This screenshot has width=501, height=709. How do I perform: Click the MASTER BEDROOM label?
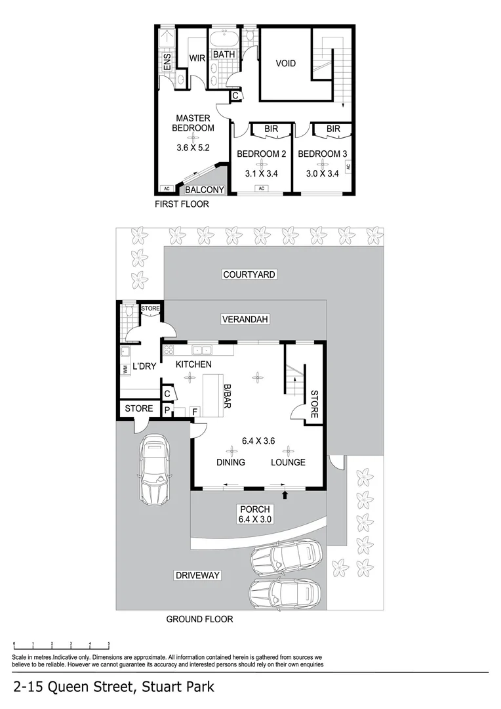click(x=193, y=123)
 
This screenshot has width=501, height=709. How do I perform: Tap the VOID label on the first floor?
click(x=285, y=64)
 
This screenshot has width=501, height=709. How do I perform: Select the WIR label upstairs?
click(x=197, y=58)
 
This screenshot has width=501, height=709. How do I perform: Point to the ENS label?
click(x=167, y=62)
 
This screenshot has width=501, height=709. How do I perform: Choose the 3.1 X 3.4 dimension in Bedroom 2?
click(x=261, y=174)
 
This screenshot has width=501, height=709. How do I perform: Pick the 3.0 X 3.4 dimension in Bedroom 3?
click(x=322, y=174)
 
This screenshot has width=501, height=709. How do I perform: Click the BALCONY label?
click(x=205, y=190)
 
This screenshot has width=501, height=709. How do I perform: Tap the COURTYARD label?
click(x=249, y=274)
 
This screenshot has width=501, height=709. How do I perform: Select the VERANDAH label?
click(x=246, y=319)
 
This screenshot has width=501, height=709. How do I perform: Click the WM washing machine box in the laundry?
click(x=125, y=370)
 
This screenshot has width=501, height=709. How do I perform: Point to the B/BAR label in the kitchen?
click(x=227, y=397)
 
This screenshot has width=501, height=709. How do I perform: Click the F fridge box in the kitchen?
click(x=195, y=412)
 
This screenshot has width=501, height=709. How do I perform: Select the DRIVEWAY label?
click(x=197, y=576)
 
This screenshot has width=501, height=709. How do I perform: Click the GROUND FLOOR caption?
click(x=199, y=619)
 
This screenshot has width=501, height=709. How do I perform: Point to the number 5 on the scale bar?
click(x=109, y=644)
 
